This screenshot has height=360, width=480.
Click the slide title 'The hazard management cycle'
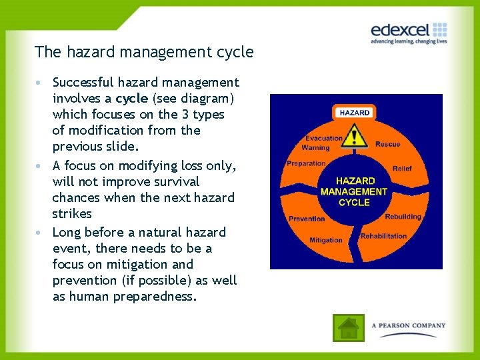click(144, 51)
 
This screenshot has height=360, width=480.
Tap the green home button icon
click(349, 327)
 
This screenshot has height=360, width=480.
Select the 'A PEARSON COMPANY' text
click(408, 326)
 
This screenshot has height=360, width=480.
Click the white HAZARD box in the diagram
click(354, 113)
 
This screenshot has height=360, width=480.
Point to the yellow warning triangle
click(358, 138)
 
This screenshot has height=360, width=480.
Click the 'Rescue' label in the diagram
click(387, 144)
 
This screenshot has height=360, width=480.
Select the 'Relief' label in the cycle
click(402, 169)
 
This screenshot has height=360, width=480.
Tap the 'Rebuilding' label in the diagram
click(403, 216)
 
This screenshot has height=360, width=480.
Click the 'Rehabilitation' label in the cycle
click(383, 236)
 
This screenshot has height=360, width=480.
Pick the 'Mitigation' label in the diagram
click(326, 240)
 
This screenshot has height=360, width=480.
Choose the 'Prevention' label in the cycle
click(307, 219)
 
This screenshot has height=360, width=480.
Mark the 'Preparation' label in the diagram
click(306, 163)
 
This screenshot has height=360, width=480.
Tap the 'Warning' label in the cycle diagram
click(315, 148)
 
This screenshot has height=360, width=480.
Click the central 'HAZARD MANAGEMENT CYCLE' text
click(354, 191)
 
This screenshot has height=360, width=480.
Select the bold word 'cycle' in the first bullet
click(132, 99)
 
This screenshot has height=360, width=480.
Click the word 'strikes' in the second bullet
click(72, 213)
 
